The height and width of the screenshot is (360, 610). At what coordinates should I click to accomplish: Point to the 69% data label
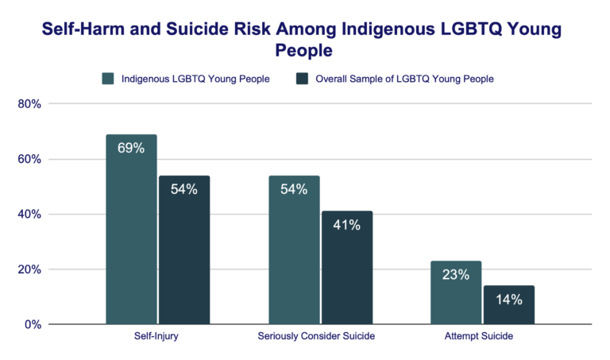coord(132,149)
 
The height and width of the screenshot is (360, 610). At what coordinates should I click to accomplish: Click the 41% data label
coord(346,225)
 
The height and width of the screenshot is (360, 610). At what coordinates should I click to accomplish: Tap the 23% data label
coord(456,275)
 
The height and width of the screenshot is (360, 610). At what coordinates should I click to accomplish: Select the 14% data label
coord(508,300)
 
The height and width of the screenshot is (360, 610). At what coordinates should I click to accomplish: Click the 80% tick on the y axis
coord(30,104)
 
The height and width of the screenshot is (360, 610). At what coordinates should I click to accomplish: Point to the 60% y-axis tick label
coord(30,159)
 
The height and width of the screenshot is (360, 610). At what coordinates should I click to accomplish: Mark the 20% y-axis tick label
coord(30,269)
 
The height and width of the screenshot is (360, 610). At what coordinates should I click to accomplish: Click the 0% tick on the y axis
coord(33,324)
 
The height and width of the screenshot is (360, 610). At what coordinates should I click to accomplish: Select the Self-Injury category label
coord(157,337)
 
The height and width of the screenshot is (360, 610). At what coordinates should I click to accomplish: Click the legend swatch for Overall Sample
coord(302,79)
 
